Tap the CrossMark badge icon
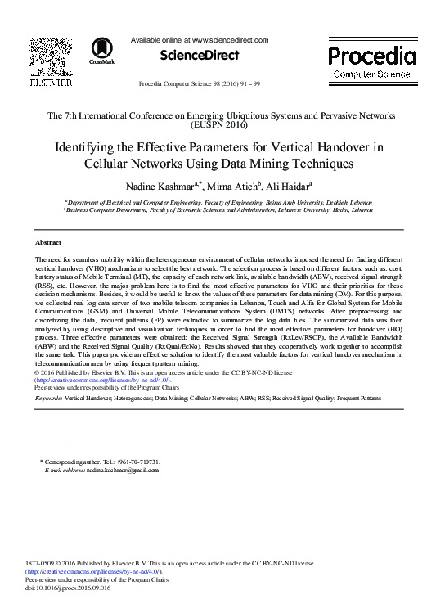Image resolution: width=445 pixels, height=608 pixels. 102,50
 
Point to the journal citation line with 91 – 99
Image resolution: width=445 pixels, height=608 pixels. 200,84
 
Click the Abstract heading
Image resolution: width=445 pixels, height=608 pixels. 48,243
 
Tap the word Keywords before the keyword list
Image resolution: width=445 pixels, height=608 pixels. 48,398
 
